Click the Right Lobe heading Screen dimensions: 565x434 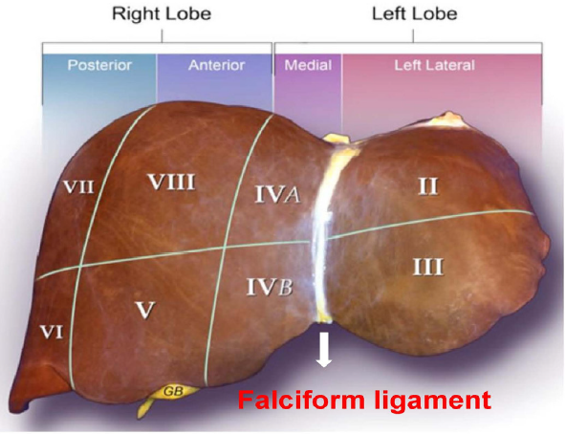(x=162, y=13)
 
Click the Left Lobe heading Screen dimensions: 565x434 (x=414, y=13)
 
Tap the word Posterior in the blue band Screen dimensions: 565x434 (x=99, y=65)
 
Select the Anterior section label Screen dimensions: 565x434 (x=217, y=65)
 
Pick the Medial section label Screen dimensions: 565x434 (x=308, y=65)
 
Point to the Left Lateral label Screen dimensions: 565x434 (x=435, y=65)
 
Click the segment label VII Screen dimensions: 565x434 (x=78, y=186)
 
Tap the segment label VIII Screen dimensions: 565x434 (x=172, y=182)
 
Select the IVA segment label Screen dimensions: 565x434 (x=277, y=194)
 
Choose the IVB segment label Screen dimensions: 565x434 (x=270, y=287)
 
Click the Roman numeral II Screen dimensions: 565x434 (x=428, y=186)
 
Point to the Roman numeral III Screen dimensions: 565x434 (x=428, y=267)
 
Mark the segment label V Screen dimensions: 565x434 (x=145, y=310)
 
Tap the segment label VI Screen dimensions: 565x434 (x=52, y=332)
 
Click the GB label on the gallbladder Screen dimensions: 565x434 (x=173, y=391)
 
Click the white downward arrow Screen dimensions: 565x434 (x=324, y=349)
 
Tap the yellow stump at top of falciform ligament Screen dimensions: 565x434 (x=337, y=141)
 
